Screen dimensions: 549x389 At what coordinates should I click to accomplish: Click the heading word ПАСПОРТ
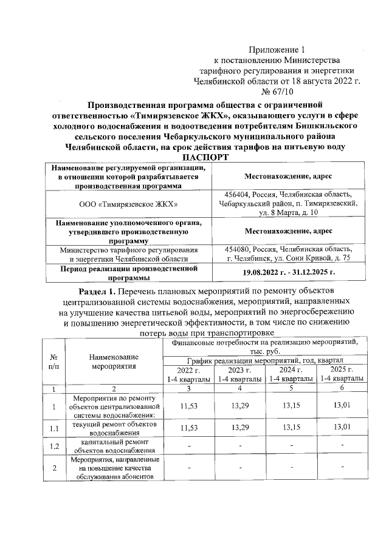coord(194,158)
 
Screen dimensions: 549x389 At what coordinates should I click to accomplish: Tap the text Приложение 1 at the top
coord(277,49)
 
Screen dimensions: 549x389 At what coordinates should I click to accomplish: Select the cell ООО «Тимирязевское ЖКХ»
coord(129,205)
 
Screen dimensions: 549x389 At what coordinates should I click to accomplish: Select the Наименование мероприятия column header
coord(114,362)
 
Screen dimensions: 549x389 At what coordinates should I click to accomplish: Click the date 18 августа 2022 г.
coord(319,80)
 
